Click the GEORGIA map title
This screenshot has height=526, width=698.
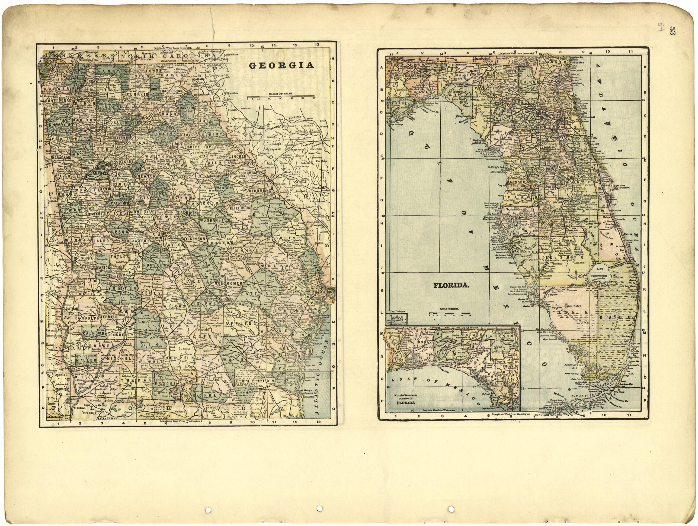pyautogui.click(x=281, y=66)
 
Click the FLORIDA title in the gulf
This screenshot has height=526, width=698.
pyautogui.click(x=451, y=285)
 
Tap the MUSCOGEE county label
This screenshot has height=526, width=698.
pyautogui.click(x=85, y=258)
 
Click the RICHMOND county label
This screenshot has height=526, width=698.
pyautogui.click(x=260, y=191)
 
